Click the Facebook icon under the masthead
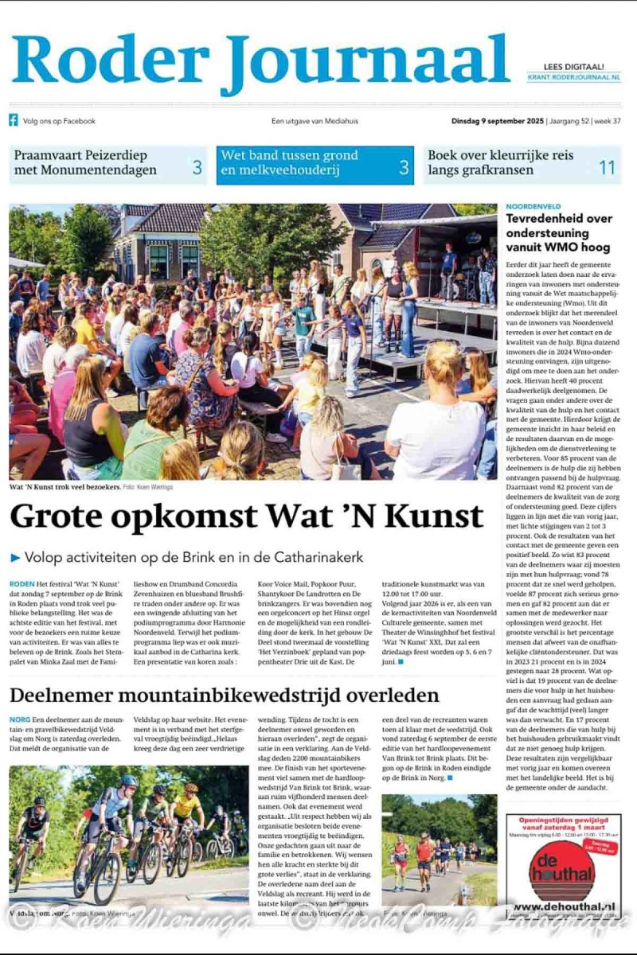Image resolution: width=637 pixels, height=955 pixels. pos(14,121)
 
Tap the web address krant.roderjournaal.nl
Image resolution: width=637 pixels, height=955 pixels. pos(573,77)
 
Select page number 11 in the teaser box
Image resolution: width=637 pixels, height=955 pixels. pos(607,167)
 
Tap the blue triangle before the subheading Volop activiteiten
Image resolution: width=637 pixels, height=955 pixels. pos(15,558)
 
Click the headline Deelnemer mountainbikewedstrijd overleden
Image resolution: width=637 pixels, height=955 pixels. pos(224,695)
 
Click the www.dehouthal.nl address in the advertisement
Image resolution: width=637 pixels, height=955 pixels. pos(562,906)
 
